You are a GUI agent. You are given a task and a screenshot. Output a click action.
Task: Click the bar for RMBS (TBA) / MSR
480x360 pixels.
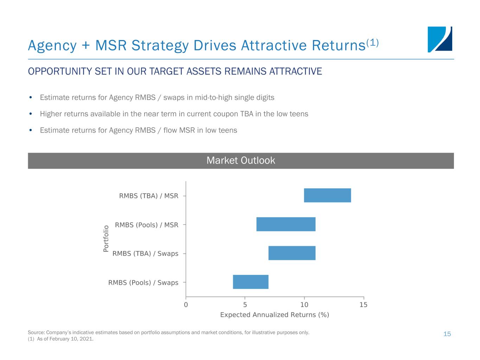pos(327,195)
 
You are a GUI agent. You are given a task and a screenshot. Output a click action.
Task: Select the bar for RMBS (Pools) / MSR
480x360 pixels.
pos(286,224)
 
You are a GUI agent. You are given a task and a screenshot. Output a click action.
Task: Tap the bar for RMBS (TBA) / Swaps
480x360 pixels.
pos(292,253)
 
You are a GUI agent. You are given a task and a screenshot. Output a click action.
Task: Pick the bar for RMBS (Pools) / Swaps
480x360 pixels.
pos(251,282)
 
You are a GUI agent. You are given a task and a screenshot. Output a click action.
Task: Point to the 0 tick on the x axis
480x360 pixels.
pos(186,305)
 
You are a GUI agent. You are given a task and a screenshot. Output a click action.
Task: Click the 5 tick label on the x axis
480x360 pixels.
pos(245,305)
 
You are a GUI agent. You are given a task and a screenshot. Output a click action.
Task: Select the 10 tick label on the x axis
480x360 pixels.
pos(304,305)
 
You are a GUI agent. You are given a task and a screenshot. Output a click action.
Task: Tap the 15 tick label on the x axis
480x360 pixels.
pos(364,305)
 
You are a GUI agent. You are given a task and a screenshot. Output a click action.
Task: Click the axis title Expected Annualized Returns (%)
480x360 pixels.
pos(275,315)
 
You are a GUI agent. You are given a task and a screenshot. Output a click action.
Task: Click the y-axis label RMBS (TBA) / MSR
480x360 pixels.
pos(149,196)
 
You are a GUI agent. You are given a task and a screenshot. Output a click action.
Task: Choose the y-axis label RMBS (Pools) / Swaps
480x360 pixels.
pos(143,282)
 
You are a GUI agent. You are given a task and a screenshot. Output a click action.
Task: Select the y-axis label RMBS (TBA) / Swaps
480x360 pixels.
pos(145,253)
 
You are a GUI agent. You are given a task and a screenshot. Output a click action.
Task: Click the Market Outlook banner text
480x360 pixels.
pos(241,161)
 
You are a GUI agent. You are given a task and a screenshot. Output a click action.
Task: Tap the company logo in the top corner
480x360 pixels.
pos(440,39)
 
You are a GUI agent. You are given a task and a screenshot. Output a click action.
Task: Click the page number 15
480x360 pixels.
pos(447,334)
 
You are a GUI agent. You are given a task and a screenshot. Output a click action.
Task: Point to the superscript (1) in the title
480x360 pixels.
pos(372,43)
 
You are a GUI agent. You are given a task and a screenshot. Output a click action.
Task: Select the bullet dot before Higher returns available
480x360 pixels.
pos(31,114)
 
